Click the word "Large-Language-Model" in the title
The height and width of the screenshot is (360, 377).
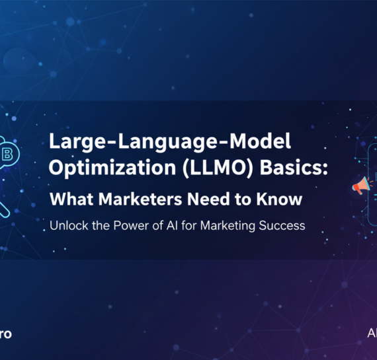tap(171, 142)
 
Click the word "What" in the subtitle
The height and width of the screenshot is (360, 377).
tap(71, 198)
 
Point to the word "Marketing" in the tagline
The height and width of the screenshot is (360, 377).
tap(223, 226)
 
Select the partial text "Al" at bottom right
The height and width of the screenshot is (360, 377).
tap(372, 334)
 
